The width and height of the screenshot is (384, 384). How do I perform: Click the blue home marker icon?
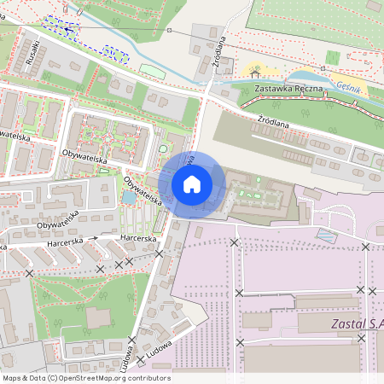click(x=192, y=183)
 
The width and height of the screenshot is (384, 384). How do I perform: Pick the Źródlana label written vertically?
click(x=219, y=50)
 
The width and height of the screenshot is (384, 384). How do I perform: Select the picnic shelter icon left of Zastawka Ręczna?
click(x=254, y=74)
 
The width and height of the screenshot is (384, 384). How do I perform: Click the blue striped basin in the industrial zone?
click(x=326, y=234)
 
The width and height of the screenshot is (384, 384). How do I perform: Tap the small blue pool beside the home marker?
click(x=129, y=197)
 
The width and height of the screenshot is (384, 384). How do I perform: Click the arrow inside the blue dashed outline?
click(x=67, y=28)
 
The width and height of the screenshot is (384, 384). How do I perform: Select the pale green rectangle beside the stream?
click(x=152, y=71)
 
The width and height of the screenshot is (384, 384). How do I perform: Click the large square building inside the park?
click(x=98, y=317)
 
